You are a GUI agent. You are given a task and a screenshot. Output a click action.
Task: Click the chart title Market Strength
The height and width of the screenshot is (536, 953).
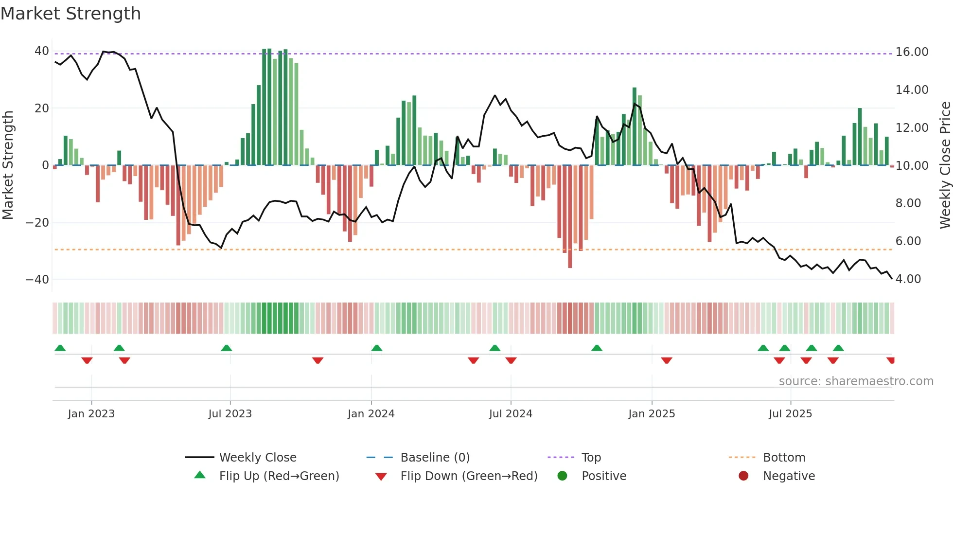(71, 14)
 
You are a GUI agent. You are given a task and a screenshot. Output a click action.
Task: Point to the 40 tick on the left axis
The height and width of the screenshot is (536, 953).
(41, 51)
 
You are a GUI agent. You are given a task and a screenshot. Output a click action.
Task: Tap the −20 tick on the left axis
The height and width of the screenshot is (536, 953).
(37, 223)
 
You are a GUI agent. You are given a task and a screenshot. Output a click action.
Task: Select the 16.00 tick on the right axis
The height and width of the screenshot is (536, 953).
(912, 52)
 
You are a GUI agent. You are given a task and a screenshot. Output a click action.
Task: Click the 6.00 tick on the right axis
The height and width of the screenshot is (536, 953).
(908, 241)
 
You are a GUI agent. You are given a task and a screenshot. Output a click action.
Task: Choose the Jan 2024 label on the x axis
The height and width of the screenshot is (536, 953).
(371, 414)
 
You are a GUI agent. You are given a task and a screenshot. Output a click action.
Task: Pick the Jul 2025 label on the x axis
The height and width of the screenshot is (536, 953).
(790, 414)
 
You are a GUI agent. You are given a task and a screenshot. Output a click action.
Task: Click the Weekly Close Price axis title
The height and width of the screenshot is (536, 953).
(945, 165)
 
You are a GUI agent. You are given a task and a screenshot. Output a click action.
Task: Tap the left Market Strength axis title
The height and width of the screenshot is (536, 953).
(8, 165)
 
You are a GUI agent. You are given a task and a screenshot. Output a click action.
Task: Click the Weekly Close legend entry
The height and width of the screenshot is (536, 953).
(257, 458)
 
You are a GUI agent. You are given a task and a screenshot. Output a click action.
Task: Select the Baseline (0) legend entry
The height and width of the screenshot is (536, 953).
(435, 458)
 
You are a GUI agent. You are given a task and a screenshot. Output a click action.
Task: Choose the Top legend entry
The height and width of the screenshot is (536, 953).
(591, 458)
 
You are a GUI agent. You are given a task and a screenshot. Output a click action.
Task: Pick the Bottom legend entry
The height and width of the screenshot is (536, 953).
(784, 458)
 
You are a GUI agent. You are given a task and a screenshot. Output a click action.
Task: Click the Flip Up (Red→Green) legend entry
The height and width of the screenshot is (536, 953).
(279, 476)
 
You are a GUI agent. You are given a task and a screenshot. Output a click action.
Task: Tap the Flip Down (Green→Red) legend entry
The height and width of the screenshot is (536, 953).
(469, 476)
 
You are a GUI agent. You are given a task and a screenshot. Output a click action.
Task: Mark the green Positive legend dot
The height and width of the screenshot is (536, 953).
(562, 476)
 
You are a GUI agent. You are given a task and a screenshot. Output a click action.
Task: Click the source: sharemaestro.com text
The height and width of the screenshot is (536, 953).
(856, 381)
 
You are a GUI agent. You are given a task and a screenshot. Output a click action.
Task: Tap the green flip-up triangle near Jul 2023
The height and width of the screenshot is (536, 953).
(226, 348)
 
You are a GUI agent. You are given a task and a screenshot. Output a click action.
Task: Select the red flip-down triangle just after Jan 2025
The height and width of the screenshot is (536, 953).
(667, 360)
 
